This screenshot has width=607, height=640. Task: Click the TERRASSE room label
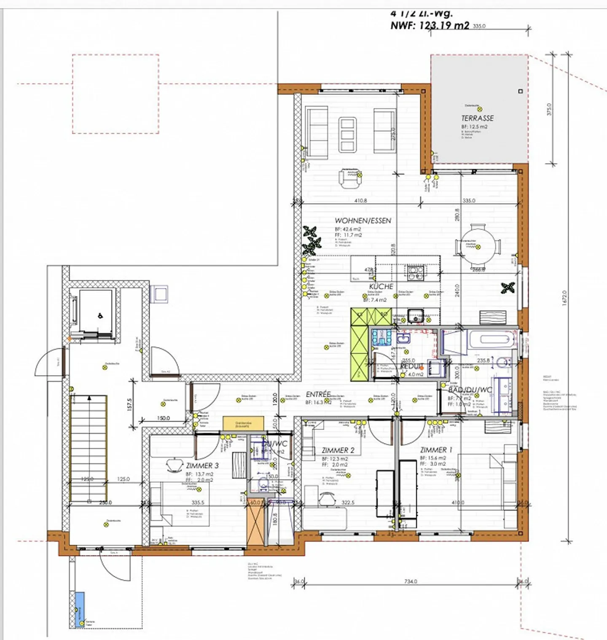pyautogui.click(x=477, y=118)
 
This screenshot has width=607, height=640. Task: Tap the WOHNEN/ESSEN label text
pyautogui.click(x=363, y=221)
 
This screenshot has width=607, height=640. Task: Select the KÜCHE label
pyautogui.click(x=381, y=286)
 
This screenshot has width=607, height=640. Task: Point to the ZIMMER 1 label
pyautogui.click(x=436, y=450)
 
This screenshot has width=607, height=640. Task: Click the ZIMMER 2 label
pyautogui.click(x=338, y=450)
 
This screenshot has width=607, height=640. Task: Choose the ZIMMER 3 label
pyautogui.click(x=202, y=465)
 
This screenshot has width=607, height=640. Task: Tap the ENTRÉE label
pyautogui.click(x=318, y=394)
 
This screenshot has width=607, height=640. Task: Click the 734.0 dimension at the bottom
pyautogui.click(x=410, y=581)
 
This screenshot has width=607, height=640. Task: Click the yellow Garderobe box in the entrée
pyautogui.click(x=243, y=423)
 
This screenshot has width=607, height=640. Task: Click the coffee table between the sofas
pyautogui.click(x=348, y=134)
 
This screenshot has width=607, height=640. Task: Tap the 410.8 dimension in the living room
pyautogui.click(x=360, y=201)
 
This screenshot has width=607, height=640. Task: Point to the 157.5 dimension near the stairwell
pyautogui.click(x=130, y=404)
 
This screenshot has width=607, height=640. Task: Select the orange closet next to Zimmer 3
pyautogui.click(x=255, y=522)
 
